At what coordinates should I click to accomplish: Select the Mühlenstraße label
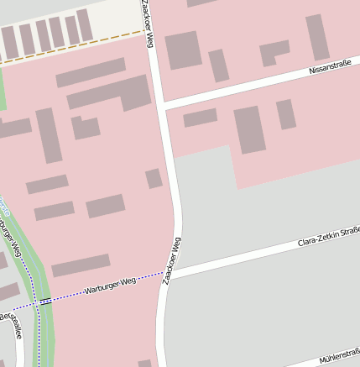click(x=339, y=354)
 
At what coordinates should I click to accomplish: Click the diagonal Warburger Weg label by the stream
click(x=11, y=239)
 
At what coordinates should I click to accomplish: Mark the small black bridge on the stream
click(x=45, y=300)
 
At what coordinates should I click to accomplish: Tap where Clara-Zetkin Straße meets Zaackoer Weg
click(x=174, y=273)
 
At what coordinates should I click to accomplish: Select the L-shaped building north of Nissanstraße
click(x=274, y=53)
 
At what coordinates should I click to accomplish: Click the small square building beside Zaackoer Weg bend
click(x=154, y=178)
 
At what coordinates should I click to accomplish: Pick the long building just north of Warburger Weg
click(x=81, y=265)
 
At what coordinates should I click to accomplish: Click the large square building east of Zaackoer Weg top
click(x=183, y=50)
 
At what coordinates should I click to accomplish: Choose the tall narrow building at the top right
click(x=317, y=37)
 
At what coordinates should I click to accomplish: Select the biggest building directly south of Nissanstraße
click(x=249, y=129)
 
